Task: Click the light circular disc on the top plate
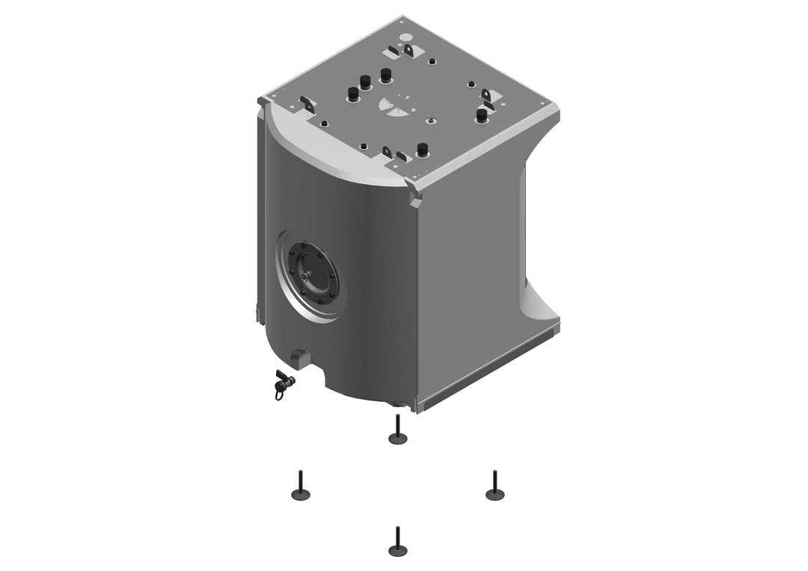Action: point(405,37)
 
